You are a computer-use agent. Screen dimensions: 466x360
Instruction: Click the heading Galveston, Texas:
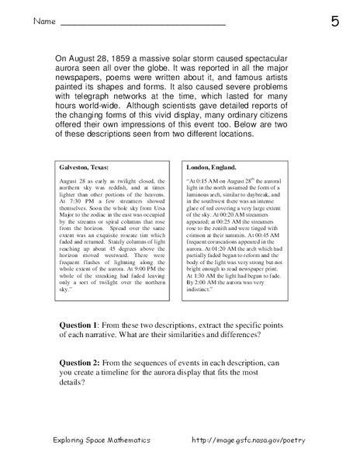(87, 167)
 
